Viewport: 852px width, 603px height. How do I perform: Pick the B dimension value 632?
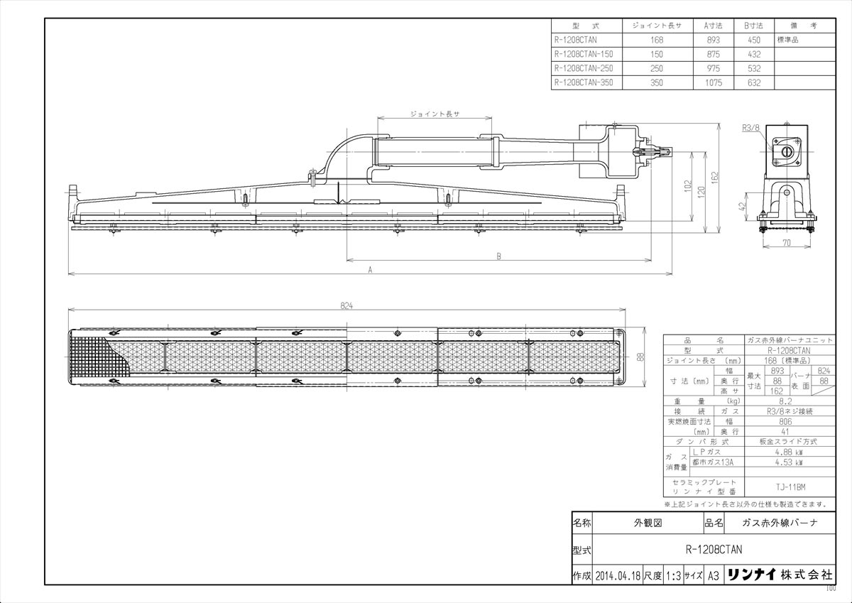point(753,83)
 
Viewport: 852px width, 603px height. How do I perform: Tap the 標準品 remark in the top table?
point(788,40)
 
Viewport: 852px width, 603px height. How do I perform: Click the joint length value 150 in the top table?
point(656,54)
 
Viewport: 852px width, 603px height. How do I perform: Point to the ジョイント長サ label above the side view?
point(435,113)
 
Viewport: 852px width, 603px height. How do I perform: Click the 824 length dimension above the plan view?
point(346,305)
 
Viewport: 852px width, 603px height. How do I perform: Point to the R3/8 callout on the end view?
point(750,128)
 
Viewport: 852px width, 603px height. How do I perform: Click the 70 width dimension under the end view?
point(787,243)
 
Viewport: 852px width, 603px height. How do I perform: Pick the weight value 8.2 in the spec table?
point(785,401)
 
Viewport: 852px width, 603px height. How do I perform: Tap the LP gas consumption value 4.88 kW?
point(785,451)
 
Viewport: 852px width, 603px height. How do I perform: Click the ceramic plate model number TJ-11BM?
point(785,487)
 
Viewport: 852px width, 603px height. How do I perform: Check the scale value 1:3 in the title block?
point(672,575)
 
